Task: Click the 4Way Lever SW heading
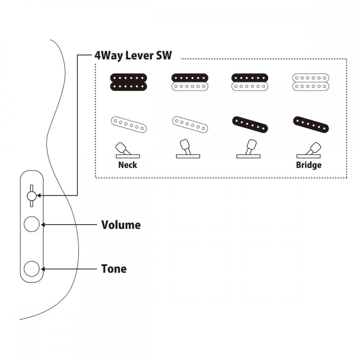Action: (x=133, y=56)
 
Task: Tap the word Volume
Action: (x=121, y=225)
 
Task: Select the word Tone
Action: (x=114, y=269)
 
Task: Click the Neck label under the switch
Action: (x=128, y=165)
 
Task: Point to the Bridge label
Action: (x=309, y=165)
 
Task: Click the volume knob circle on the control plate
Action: (x=32, y=224)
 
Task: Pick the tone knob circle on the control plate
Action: (x=32, y=269)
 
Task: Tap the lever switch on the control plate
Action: (x=32, y=196)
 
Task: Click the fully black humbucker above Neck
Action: (x=129, y=82)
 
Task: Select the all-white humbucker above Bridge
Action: (x=311, y=82)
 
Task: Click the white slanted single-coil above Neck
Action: (x=129, y=125)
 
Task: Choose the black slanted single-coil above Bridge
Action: (x=311, y=125)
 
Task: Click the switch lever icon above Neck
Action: (x=128, y=150)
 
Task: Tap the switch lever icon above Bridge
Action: (x=309, y=150)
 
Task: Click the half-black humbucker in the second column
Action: (x=190, y=82)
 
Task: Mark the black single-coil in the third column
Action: (x=250, y=125)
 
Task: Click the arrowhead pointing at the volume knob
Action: (x=43, y=225)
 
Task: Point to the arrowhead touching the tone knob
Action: (x=43, y=269)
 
